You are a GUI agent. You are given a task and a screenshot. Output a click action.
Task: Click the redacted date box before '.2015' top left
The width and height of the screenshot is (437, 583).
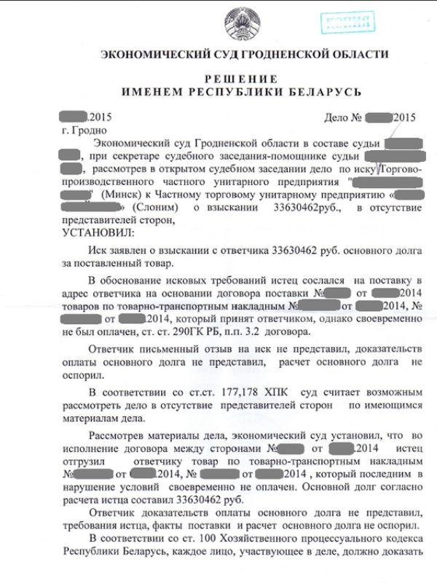click(74, 117)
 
